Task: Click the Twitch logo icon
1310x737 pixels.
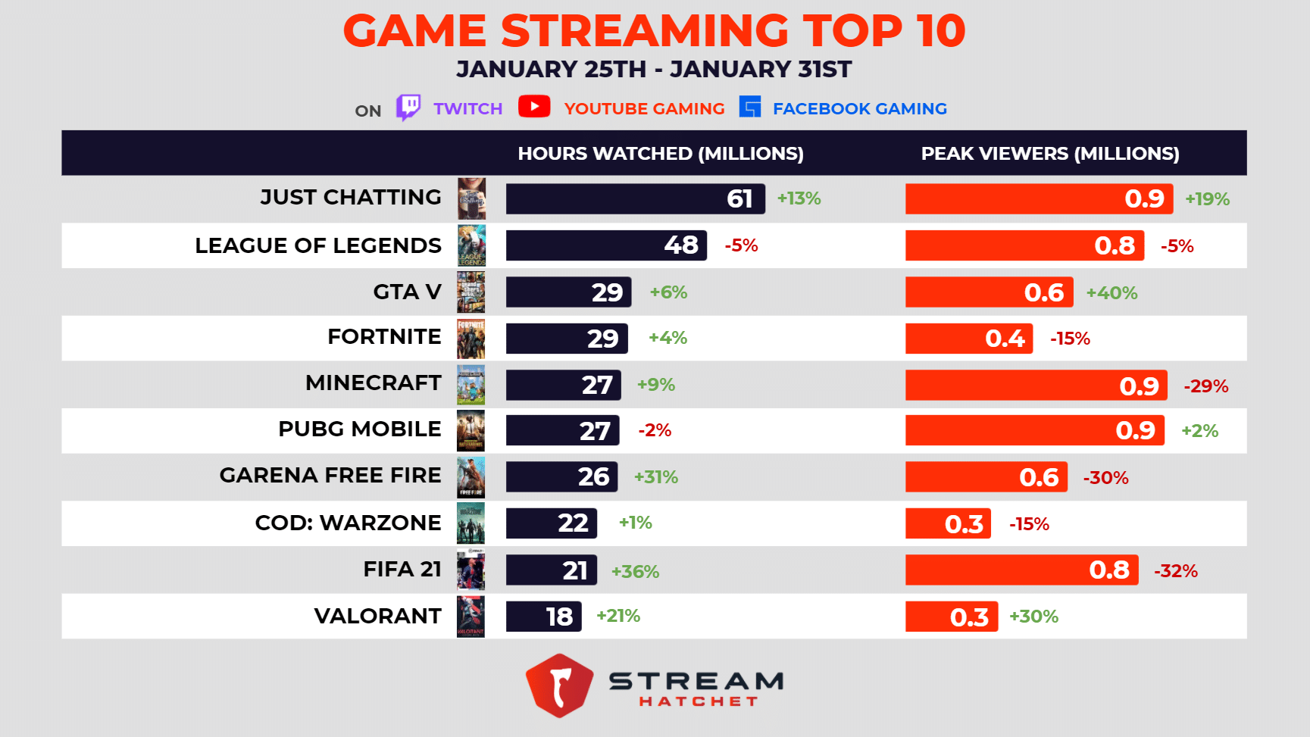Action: [x=408, y=108]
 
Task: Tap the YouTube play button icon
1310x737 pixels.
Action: [x=534, y=107]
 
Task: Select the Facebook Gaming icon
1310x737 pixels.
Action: [x=749, y=108]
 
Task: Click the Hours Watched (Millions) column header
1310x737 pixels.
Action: [x=660, y=154]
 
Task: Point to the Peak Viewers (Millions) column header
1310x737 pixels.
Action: [x=1049, y=154]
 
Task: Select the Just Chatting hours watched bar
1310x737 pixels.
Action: [x=635, y=199]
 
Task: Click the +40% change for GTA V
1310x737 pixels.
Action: [x=1111, y=293]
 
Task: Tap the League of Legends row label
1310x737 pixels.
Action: [x=317, y=245]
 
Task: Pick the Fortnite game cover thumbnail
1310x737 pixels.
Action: [x=471, y=339]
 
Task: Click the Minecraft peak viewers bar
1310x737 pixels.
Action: [x=1036, y=386]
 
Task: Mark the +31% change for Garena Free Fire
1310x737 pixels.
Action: [x=655, y=477]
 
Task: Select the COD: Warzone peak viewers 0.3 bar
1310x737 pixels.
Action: [x=948, y=524]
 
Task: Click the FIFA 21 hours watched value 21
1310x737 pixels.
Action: [x=574, y=570]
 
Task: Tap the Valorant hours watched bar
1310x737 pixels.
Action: [x=543, y=617]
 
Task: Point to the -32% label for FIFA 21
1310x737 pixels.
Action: [x=1175, y=571]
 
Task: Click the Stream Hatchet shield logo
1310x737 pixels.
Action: [x=559, y=685]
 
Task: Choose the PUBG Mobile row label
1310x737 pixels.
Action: [x=359, y=429]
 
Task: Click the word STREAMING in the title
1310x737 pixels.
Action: [x=645, y=31]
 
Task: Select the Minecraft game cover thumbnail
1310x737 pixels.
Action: [x=471, y=385]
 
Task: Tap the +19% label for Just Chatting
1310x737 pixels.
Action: [x=1207, y=199]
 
